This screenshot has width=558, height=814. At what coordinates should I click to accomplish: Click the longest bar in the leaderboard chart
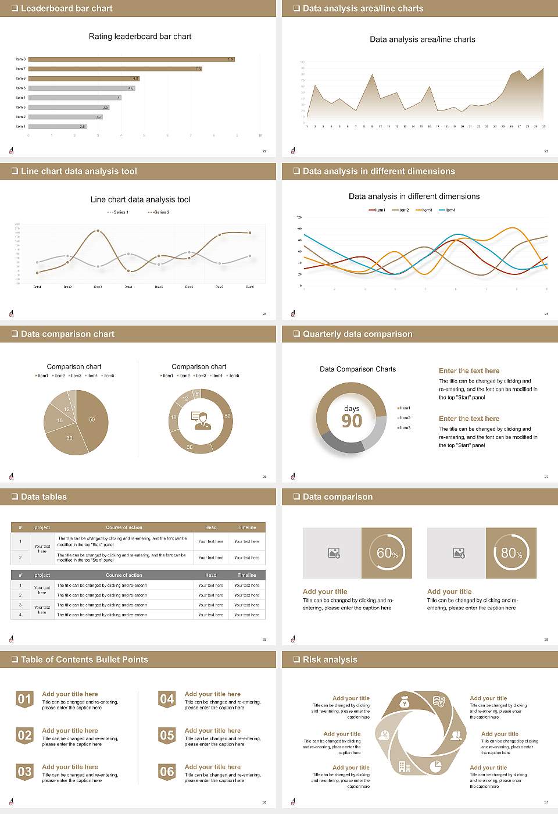point(131,59)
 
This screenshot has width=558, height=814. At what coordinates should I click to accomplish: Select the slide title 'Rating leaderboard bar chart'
point(140,37)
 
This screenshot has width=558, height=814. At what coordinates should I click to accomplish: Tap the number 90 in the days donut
point(352,421)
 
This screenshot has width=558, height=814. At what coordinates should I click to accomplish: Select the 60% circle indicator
point(387,553)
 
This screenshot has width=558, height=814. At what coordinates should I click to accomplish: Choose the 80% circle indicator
point(511,553)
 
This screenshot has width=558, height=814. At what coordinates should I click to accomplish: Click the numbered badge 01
point(24,699)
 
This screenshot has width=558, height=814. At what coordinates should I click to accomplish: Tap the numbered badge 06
point(167,772)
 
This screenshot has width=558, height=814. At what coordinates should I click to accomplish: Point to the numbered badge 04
point(167,699)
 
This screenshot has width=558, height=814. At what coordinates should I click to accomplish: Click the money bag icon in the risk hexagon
point(405,703)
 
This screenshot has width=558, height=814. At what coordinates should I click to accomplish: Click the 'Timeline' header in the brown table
point(246,527)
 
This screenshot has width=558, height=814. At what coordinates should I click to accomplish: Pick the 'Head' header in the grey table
point(210,575)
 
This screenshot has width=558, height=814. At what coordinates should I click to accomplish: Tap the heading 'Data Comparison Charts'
point(357,369)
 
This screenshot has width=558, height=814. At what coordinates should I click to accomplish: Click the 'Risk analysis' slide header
point(330,659)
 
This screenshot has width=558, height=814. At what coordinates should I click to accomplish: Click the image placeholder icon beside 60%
point(334,553)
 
